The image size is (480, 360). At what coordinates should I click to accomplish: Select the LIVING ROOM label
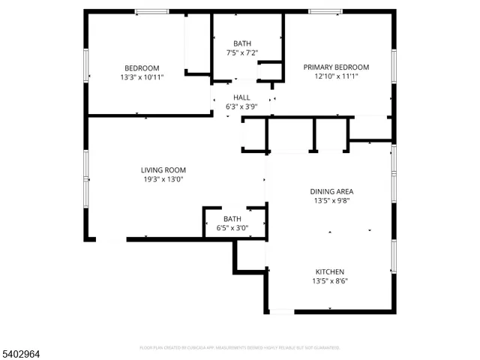coord(163,170)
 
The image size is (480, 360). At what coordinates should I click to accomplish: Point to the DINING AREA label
coord(331,191)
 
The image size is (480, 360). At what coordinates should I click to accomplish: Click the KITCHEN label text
coord(329,271)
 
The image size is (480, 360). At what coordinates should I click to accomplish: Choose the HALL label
coord(241,97)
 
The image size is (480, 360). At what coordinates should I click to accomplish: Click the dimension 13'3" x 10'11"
coord(142,76)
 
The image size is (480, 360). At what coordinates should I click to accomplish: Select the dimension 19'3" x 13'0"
coord(163,180)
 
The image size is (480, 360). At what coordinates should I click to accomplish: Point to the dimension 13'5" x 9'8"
coord(331,201)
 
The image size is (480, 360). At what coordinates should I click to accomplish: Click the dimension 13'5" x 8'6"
coord(329,281)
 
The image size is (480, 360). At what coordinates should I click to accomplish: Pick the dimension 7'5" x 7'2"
coord(241,53)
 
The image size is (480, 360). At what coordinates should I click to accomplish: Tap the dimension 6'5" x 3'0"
coord(232,228)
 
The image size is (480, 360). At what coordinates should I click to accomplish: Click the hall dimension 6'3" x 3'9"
coord(241,107)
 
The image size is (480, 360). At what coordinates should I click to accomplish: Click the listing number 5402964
coord(21,350)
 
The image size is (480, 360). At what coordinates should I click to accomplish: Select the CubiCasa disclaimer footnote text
coord(240,348)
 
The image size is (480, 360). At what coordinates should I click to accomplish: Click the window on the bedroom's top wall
coord(151,11)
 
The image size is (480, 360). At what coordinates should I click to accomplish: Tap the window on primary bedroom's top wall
coord(325,11)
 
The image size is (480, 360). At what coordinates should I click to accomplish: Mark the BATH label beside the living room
coord(232,218)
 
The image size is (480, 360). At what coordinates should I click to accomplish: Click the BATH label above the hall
coord(241,43)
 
